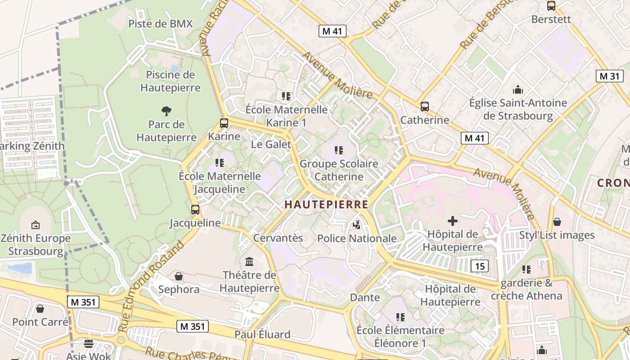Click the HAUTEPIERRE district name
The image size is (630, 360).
326,205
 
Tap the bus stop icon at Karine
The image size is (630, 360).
224,123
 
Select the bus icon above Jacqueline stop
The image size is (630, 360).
195,209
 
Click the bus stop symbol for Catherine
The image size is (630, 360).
424,107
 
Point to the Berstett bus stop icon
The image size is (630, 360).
551,6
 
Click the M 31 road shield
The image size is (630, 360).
610,76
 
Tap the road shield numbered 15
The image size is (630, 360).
480,266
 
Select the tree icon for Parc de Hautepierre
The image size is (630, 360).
166,111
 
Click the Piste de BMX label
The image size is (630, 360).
160,24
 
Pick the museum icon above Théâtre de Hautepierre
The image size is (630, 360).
249,261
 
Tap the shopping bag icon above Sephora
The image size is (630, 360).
179,276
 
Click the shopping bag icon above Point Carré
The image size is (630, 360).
40,309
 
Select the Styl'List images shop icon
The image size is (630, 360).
557,222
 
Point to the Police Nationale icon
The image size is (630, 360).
357,225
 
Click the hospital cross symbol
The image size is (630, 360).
452,220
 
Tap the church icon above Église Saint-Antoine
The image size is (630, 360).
518,90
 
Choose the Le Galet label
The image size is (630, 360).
271,144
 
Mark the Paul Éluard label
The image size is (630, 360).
262,334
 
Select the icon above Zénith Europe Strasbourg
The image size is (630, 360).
36,225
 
